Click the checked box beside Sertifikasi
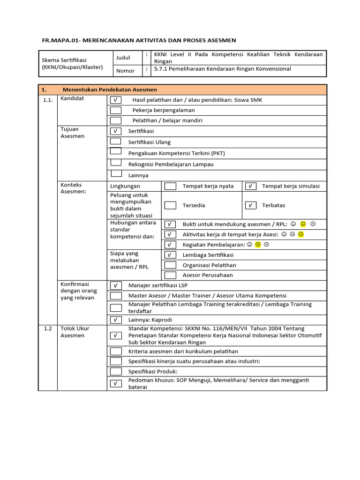click(115, 131)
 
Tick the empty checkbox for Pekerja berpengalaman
click(115, 110)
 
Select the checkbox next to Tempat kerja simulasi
click(251, 186)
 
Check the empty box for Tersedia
click(170, 205)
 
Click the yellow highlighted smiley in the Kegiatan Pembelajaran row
click(258, 244)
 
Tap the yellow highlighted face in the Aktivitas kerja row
click(301, 234)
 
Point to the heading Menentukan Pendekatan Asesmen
click(110, 90)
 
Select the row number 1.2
click(48, 329)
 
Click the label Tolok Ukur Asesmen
click(72, 332)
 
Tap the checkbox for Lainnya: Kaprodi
click(115, 320)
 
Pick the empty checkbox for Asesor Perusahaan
click(170, 275)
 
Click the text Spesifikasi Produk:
click(153, 371)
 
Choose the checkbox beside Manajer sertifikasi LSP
click(115, 285)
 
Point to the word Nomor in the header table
click(125, 71)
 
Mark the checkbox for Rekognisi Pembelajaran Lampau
click(115, 163)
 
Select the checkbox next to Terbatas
click(251, 205)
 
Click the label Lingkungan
click(125, 186)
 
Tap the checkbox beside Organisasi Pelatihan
click(170, 265)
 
